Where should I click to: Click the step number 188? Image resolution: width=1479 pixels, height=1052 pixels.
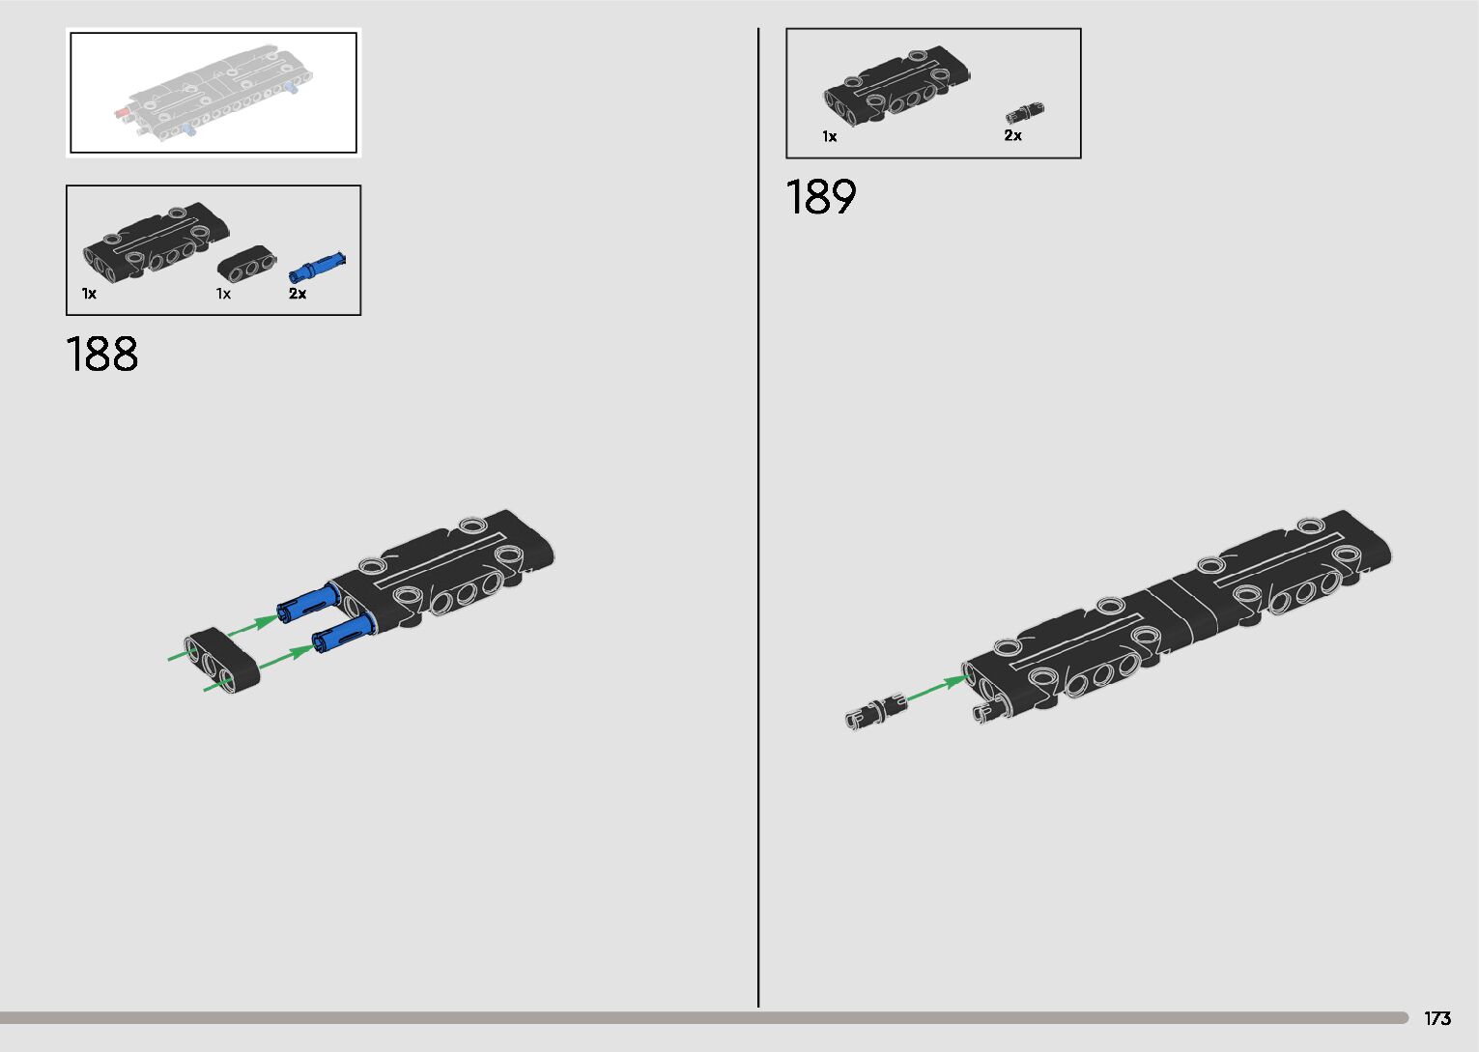click(x=102, y=355)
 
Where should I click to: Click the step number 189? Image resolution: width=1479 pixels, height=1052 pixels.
click(x=820, y=197)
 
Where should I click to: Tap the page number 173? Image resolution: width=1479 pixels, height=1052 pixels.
click(x=1436, y=1018)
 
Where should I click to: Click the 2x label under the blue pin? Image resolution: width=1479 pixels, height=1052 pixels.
click(x=298, y=294)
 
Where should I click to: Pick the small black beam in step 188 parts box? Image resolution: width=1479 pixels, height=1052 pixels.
click(x=246, y=263)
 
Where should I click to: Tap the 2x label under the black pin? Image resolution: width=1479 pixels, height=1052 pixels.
click(x=1012, y=136)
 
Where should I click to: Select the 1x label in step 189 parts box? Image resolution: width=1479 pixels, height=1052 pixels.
click(x=829, y=137)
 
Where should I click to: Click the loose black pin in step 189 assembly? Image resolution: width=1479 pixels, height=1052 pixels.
click(x=876, y=711)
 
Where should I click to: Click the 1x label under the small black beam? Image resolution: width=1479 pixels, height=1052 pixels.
click(x=223, y=294)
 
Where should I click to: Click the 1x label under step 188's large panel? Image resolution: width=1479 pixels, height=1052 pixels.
click(x=89, y=294)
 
